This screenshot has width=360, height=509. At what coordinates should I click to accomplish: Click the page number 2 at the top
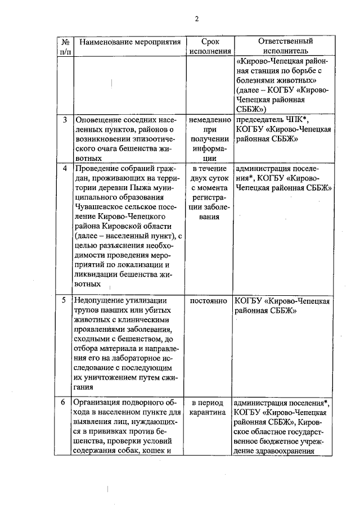pos(197,19)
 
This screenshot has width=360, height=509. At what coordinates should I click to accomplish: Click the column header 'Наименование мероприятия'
pos(130,42)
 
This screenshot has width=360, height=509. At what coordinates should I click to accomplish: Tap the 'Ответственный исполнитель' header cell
pos(285,46)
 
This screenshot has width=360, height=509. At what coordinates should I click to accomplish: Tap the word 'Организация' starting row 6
pos(100,403)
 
